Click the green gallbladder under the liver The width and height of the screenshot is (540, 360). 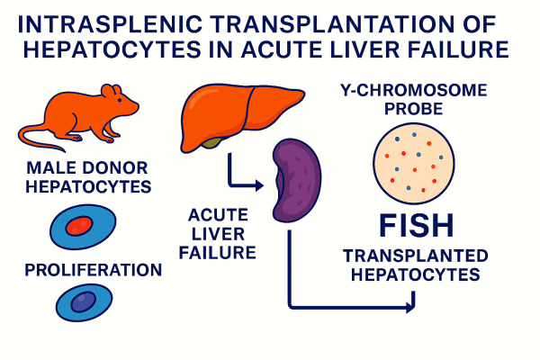[213, 140]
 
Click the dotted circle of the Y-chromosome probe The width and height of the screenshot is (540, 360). [412, 162]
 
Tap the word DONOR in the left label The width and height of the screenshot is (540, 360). [112, 166]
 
